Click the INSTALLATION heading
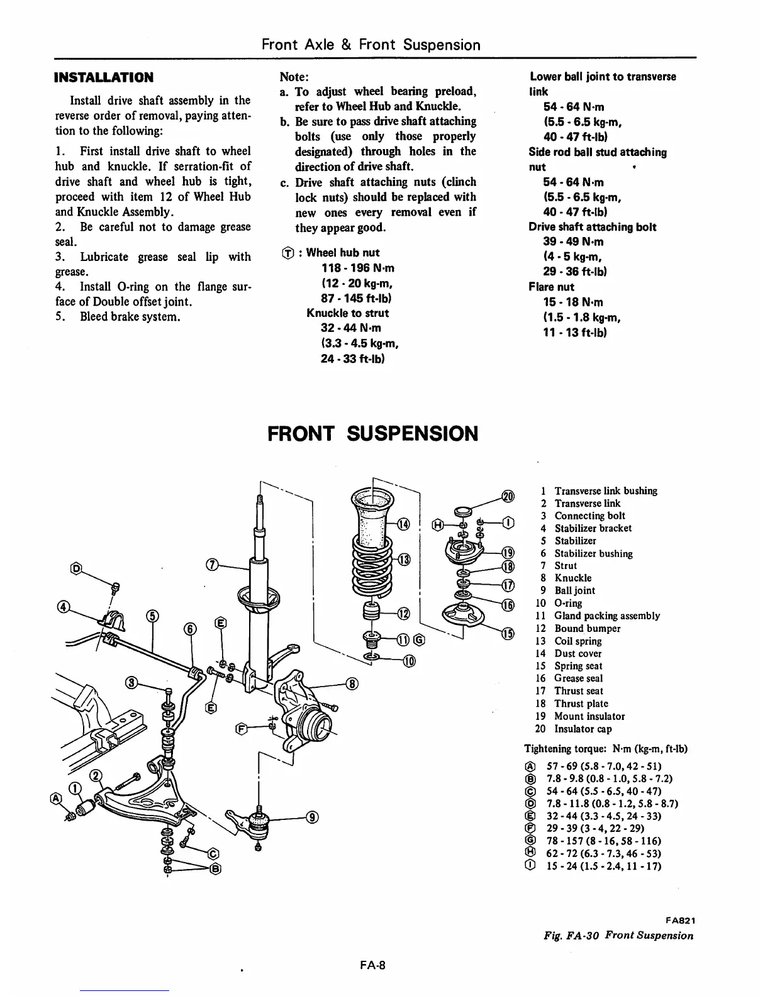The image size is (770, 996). click(104, 78)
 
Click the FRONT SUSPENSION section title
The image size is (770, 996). click(372, 434)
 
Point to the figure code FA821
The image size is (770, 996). click(678, 920)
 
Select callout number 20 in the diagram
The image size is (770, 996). click(508, 496)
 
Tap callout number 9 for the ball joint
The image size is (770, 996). click(312, 817)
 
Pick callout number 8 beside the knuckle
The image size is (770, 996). click(352, 683)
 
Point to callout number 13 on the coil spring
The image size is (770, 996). click(404, 560)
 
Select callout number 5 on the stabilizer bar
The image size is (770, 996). click(152, 616)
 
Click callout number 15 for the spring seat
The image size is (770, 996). click(507, 633)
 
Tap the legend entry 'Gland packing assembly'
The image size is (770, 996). click(606, 616)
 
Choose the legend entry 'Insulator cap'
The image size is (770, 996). click(583, 729)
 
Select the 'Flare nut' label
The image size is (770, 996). click(552, 287)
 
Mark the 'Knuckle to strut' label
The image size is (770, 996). click(348, 313)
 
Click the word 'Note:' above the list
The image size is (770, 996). click(293, 77)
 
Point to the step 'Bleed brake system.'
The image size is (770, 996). click(130, 316)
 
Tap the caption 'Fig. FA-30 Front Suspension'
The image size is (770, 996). click(618, 935)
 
